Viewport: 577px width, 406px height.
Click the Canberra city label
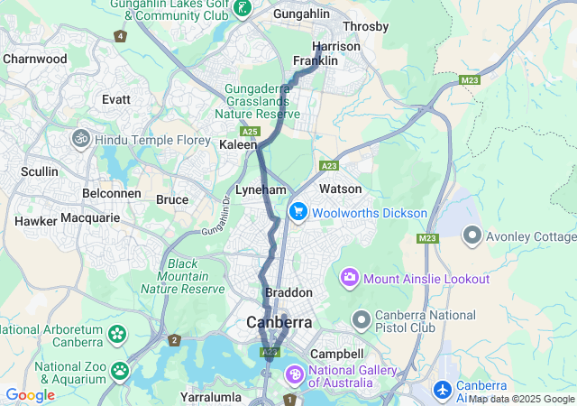point(279,322)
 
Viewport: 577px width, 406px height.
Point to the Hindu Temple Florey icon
point(79,139)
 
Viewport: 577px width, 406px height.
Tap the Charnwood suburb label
point(35,59)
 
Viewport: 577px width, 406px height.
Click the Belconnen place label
point(110,194)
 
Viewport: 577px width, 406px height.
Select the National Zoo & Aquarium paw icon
point(119,370)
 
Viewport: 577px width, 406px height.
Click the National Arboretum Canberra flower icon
point(117,334)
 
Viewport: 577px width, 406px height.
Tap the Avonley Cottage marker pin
point(472,236)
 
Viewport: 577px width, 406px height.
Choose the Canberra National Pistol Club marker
point(362,319)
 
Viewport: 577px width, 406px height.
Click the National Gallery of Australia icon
point(296,374)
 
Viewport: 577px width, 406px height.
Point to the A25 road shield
point(251,132)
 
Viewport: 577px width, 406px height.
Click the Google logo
point(30,394)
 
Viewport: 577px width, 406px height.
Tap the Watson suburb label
point(341,189)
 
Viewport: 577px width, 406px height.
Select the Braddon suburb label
point(288,293)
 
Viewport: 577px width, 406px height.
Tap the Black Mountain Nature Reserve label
point(183,276)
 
